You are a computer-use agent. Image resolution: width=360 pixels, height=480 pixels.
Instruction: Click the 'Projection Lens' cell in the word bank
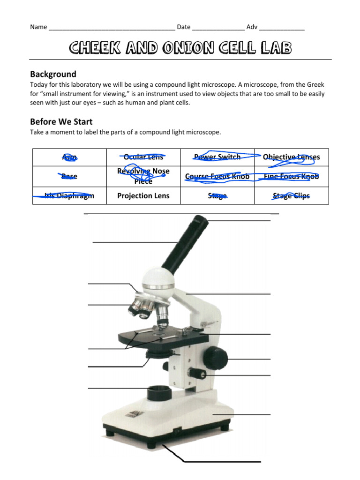(x=143, y=196)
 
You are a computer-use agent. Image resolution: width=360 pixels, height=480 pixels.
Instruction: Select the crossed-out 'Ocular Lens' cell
(x=143, y=157)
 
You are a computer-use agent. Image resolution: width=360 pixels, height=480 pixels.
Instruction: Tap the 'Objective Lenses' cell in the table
(x=291, y=157)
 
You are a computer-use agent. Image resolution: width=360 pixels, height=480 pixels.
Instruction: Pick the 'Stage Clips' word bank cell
(x=291, y=196)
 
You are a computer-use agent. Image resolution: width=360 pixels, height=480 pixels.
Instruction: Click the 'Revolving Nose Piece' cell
(x=143, y=176)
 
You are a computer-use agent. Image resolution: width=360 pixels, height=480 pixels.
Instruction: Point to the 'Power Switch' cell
(x=217, y=157)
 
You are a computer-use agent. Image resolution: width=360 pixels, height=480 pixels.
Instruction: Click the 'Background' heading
(x=53, y=74)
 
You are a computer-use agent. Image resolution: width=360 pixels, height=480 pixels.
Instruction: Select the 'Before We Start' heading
(x=61, y=122)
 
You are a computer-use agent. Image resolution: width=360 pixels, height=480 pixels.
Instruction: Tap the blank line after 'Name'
(x=112, y=27)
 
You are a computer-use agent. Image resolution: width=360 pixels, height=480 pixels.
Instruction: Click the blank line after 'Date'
(x=218, y=27)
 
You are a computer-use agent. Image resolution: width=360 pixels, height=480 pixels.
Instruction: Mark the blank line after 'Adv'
(x=282, y=27)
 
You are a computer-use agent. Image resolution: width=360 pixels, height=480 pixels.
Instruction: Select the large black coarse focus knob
(x=215, y=358)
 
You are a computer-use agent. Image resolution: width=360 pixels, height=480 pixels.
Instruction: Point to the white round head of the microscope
(x=158, y=280)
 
